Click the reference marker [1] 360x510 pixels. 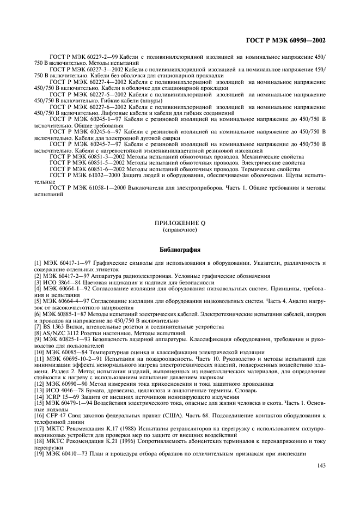point(38,263)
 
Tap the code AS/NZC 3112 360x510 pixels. point(63,332)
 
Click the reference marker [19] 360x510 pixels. point(39,453)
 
